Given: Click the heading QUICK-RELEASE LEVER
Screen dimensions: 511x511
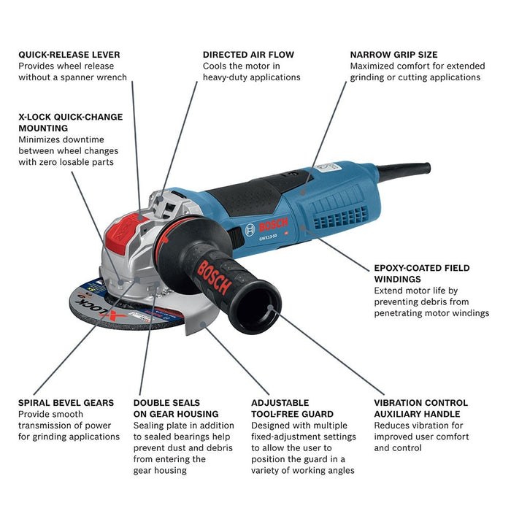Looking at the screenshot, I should (69, 55).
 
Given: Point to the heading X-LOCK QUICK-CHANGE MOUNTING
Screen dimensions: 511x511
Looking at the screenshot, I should (70, 122).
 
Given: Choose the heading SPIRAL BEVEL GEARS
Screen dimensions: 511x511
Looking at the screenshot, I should (66, 402).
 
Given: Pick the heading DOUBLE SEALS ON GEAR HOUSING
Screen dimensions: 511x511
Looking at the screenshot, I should (175, 408).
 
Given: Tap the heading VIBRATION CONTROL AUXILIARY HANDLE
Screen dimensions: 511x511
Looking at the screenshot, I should (421, 408).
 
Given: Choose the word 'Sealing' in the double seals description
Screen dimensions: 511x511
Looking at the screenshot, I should (150, 426).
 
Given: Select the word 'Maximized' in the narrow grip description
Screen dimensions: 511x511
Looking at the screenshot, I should (374, 66).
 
